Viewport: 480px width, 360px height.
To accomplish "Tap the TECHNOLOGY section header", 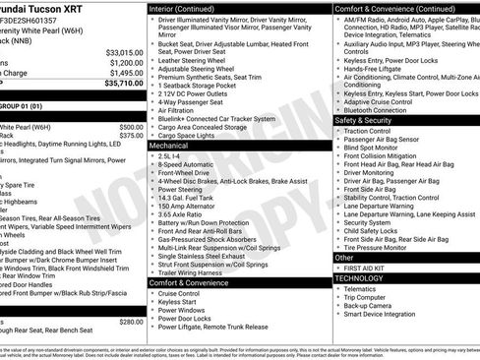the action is [359, 277].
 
